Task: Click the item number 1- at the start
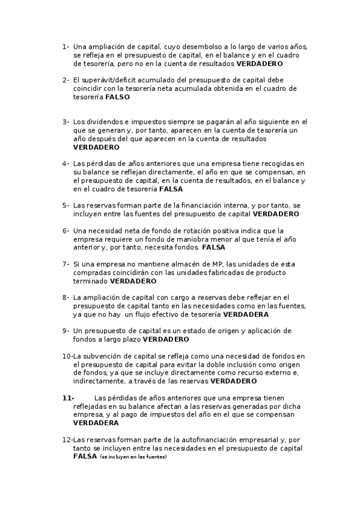pyautogui.click(x=65, y=46)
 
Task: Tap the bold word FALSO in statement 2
pyautogui.click(x=118, y=96)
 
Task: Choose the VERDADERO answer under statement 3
pyautogui.click(x=96, y=147)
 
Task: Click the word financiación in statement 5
pyautogui.click(x=193, y=205)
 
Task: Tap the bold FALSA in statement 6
pyautogui.click(x=214, y=247)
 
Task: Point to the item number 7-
pyautogui.click(x=65, y=264)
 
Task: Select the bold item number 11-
pyautogui.click(x=67, y=398)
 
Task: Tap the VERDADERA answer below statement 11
pyautogui.click(x=96, y=423)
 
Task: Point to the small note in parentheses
pyautogui.click(x=133, y=457)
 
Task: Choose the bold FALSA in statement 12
pyautogui.click(x=85, y=456)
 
